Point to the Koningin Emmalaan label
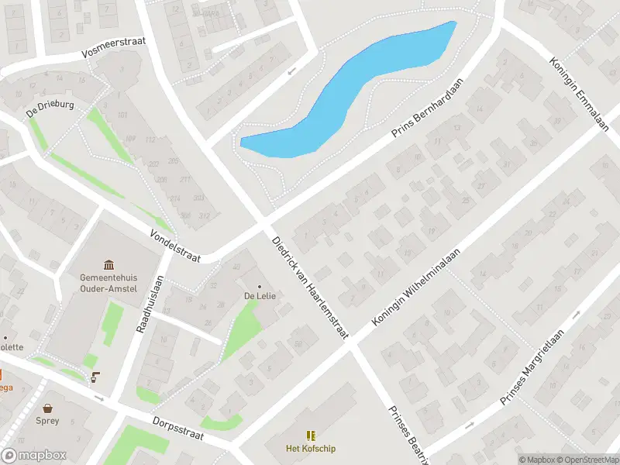(x=578, y=95)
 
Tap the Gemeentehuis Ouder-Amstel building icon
(x=108, y=264)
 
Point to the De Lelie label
(x=260, y=296)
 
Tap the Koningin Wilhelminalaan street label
(x=416, y=287)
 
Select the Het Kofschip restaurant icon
(x=311, y=436)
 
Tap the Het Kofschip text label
(x=311, y=449)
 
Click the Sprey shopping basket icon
(x=48, y=408)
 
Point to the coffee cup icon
(x=95, y=377)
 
